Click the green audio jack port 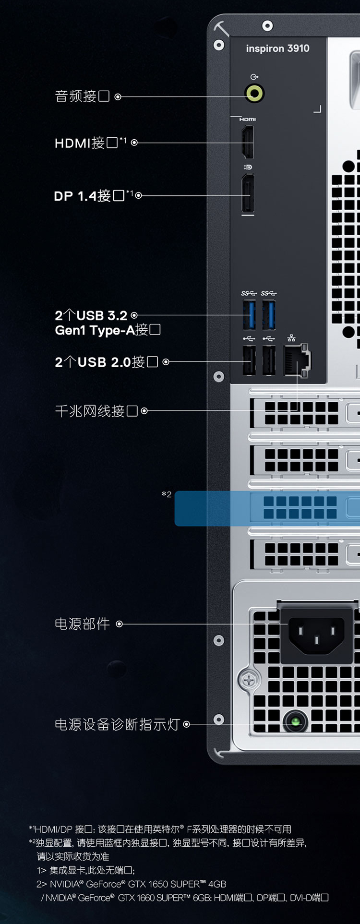click(254, 93)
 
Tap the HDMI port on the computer click(248, 142)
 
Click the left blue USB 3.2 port click(249, 315)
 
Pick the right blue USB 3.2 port click(269, 315)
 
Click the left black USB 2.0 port click(249, 360)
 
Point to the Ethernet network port click(297, 360)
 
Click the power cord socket click(316, 636)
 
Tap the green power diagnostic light click(296, 721)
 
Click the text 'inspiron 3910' click(277, 48)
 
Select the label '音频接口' click(82, 96)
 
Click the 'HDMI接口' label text click(86, 143)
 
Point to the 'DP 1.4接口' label click(89, 196)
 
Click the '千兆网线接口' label click(96, 411)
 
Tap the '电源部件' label click(83, 624)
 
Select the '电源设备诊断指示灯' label click(117, 724)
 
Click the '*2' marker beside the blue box click(167, 494)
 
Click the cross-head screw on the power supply click(249, 680)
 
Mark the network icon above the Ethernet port click(291, 338)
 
